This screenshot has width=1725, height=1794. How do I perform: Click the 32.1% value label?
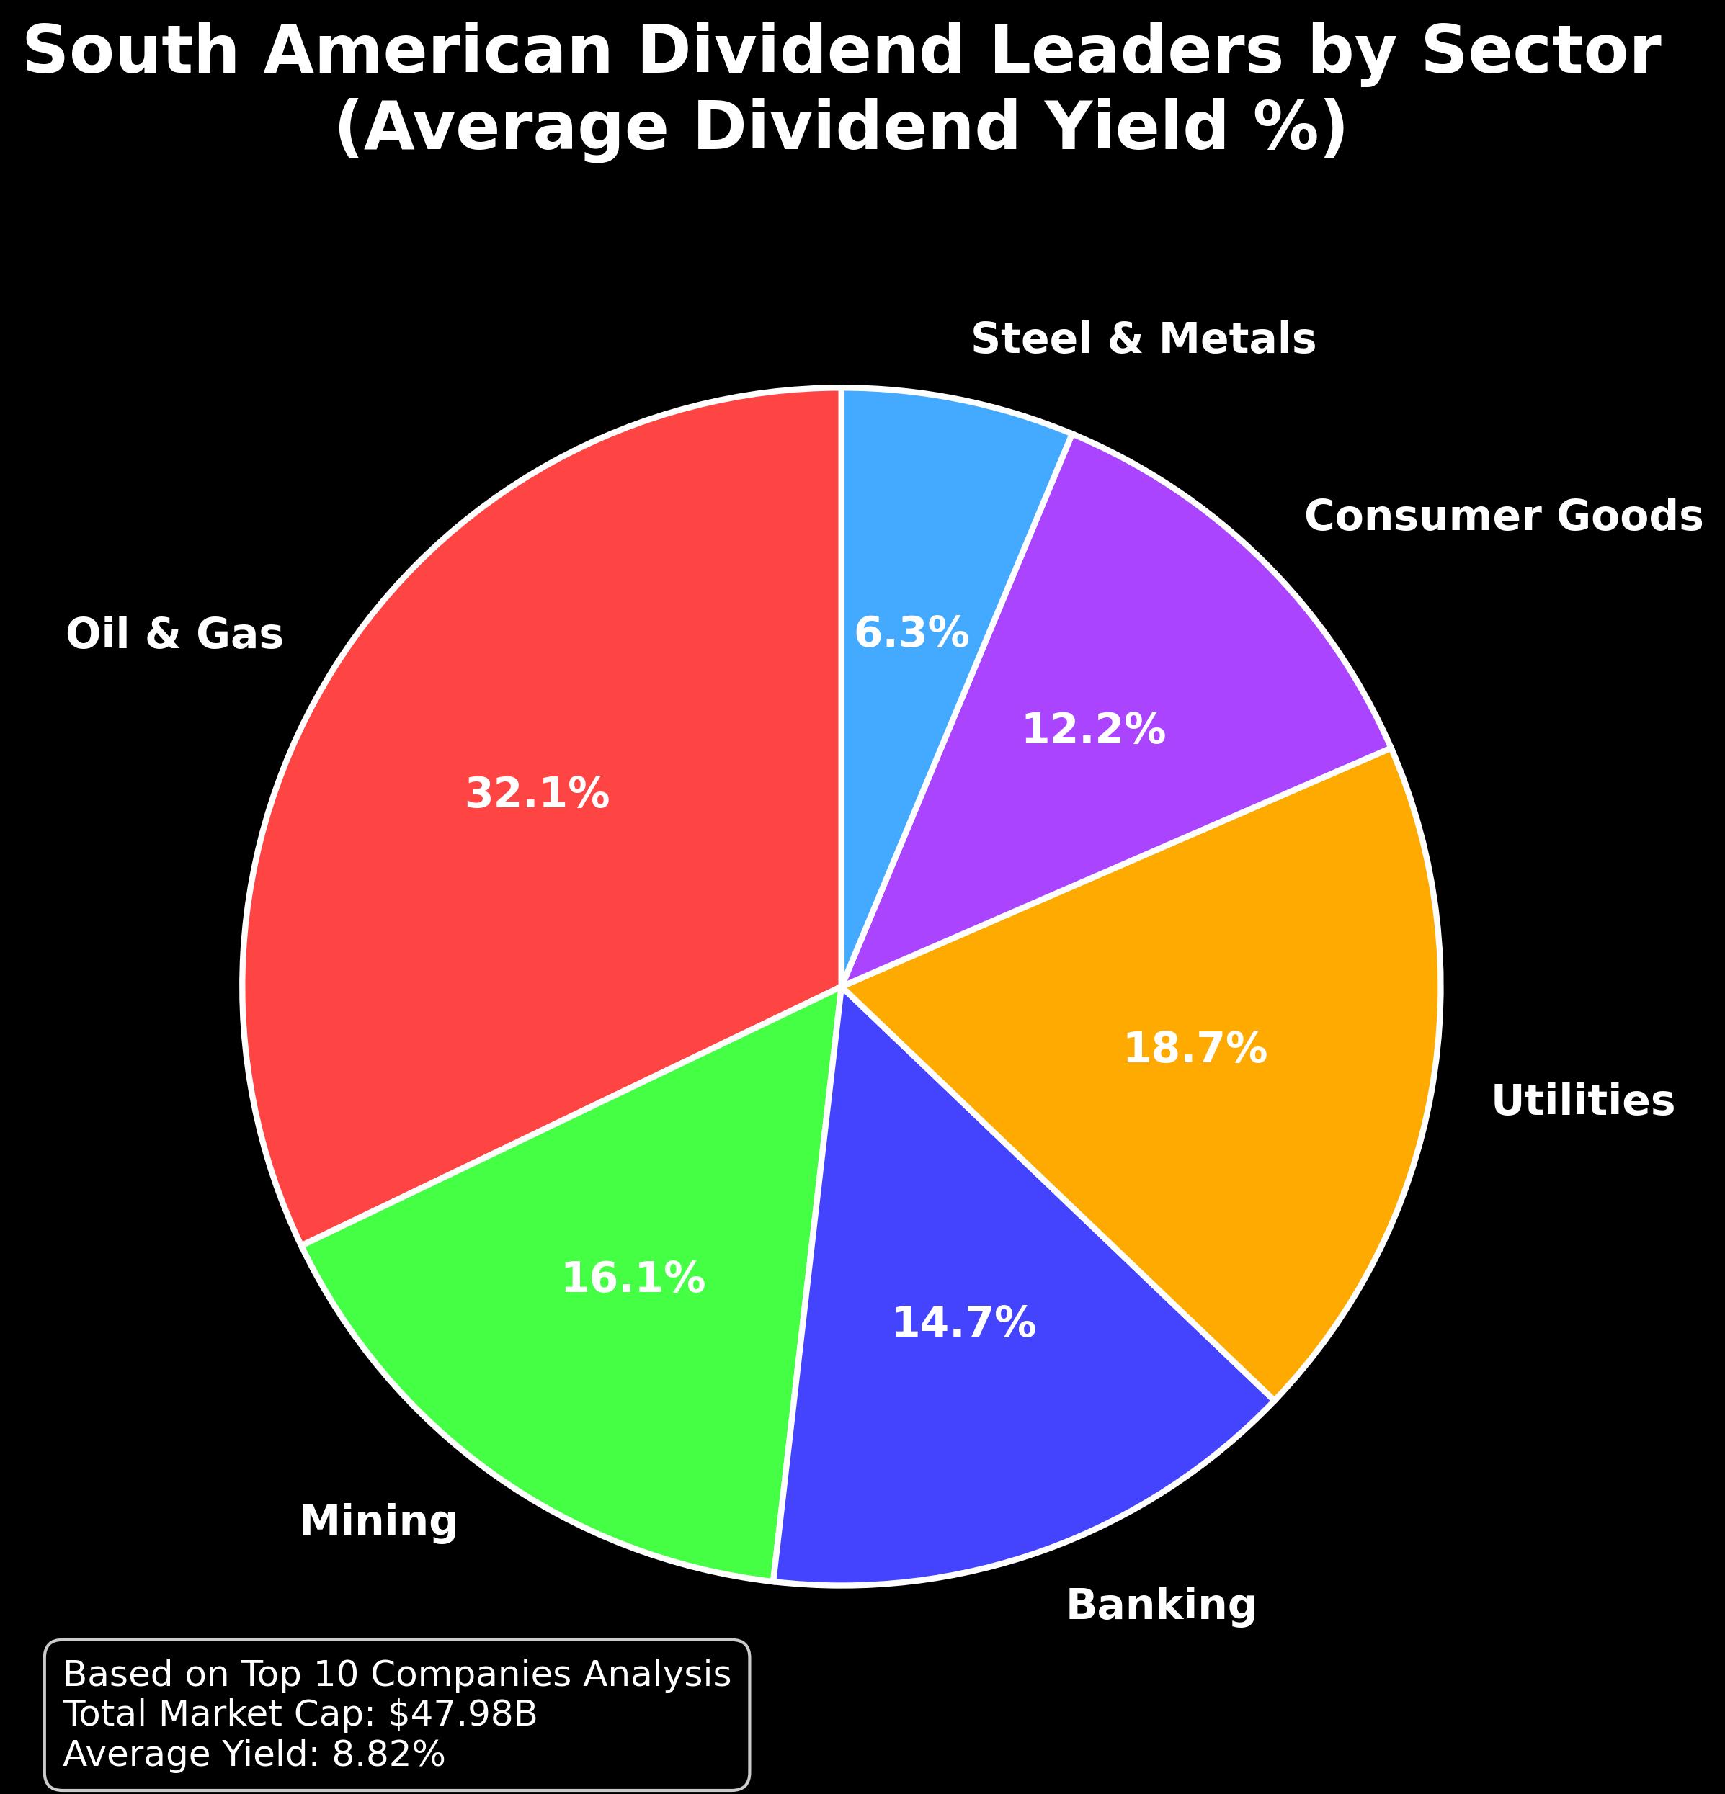click(538, 794)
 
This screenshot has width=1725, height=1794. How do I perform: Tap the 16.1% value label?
click(633, 1278)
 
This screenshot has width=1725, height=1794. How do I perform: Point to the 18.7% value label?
click(1195, 1049)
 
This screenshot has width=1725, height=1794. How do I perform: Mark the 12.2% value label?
click(1093, 730)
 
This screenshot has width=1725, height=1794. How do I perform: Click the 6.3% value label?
click(911, 633)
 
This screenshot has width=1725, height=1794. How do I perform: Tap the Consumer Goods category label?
click(1503, 517)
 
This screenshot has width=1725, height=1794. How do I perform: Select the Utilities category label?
click(1583, 1101)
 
